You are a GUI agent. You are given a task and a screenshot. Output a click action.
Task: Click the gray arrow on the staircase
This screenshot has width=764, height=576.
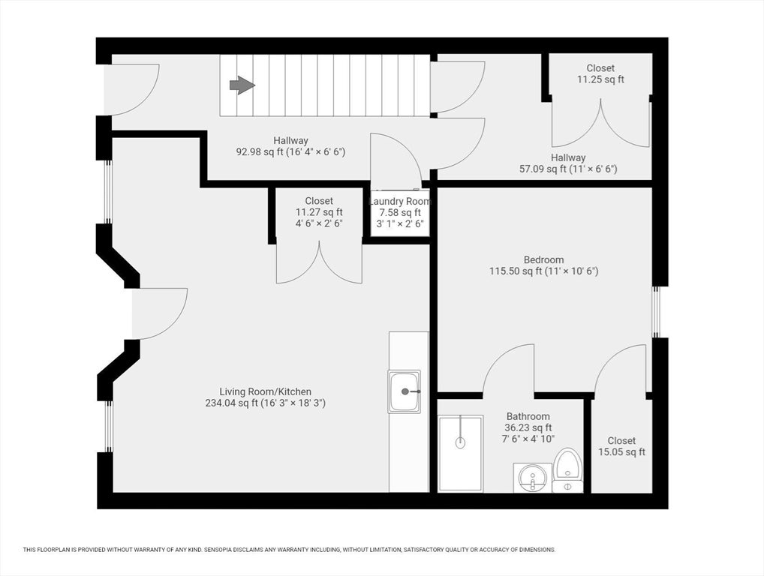(242, 85)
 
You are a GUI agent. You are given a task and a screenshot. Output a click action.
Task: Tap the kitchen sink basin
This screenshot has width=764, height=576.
(404, 392)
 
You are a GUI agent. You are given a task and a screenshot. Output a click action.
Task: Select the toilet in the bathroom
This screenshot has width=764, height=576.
(568, 469)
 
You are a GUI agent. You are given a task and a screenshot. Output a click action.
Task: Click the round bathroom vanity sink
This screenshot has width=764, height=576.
(533, 478)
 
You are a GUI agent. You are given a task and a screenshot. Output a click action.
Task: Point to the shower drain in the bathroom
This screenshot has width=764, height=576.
(460, 442)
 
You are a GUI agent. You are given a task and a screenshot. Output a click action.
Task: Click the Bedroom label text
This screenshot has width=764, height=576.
(544, 259)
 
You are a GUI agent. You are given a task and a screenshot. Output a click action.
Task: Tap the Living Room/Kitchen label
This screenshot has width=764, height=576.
(265, 391)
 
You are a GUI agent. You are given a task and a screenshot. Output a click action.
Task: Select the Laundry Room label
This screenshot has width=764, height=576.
(401, 201)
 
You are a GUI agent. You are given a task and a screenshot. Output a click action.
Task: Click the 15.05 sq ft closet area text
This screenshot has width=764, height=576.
(621, 451)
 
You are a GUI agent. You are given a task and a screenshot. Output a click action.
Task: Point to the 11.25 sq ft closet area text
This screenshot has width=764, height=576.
(600, 79)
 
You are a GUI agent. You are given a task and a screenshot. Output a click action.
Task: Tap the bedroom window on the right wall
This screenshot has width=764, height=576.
(656, 311)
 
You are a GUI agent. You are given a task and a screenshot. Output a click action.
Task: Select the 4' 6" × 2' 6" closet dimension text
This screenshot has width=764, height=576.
(319, 224)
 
